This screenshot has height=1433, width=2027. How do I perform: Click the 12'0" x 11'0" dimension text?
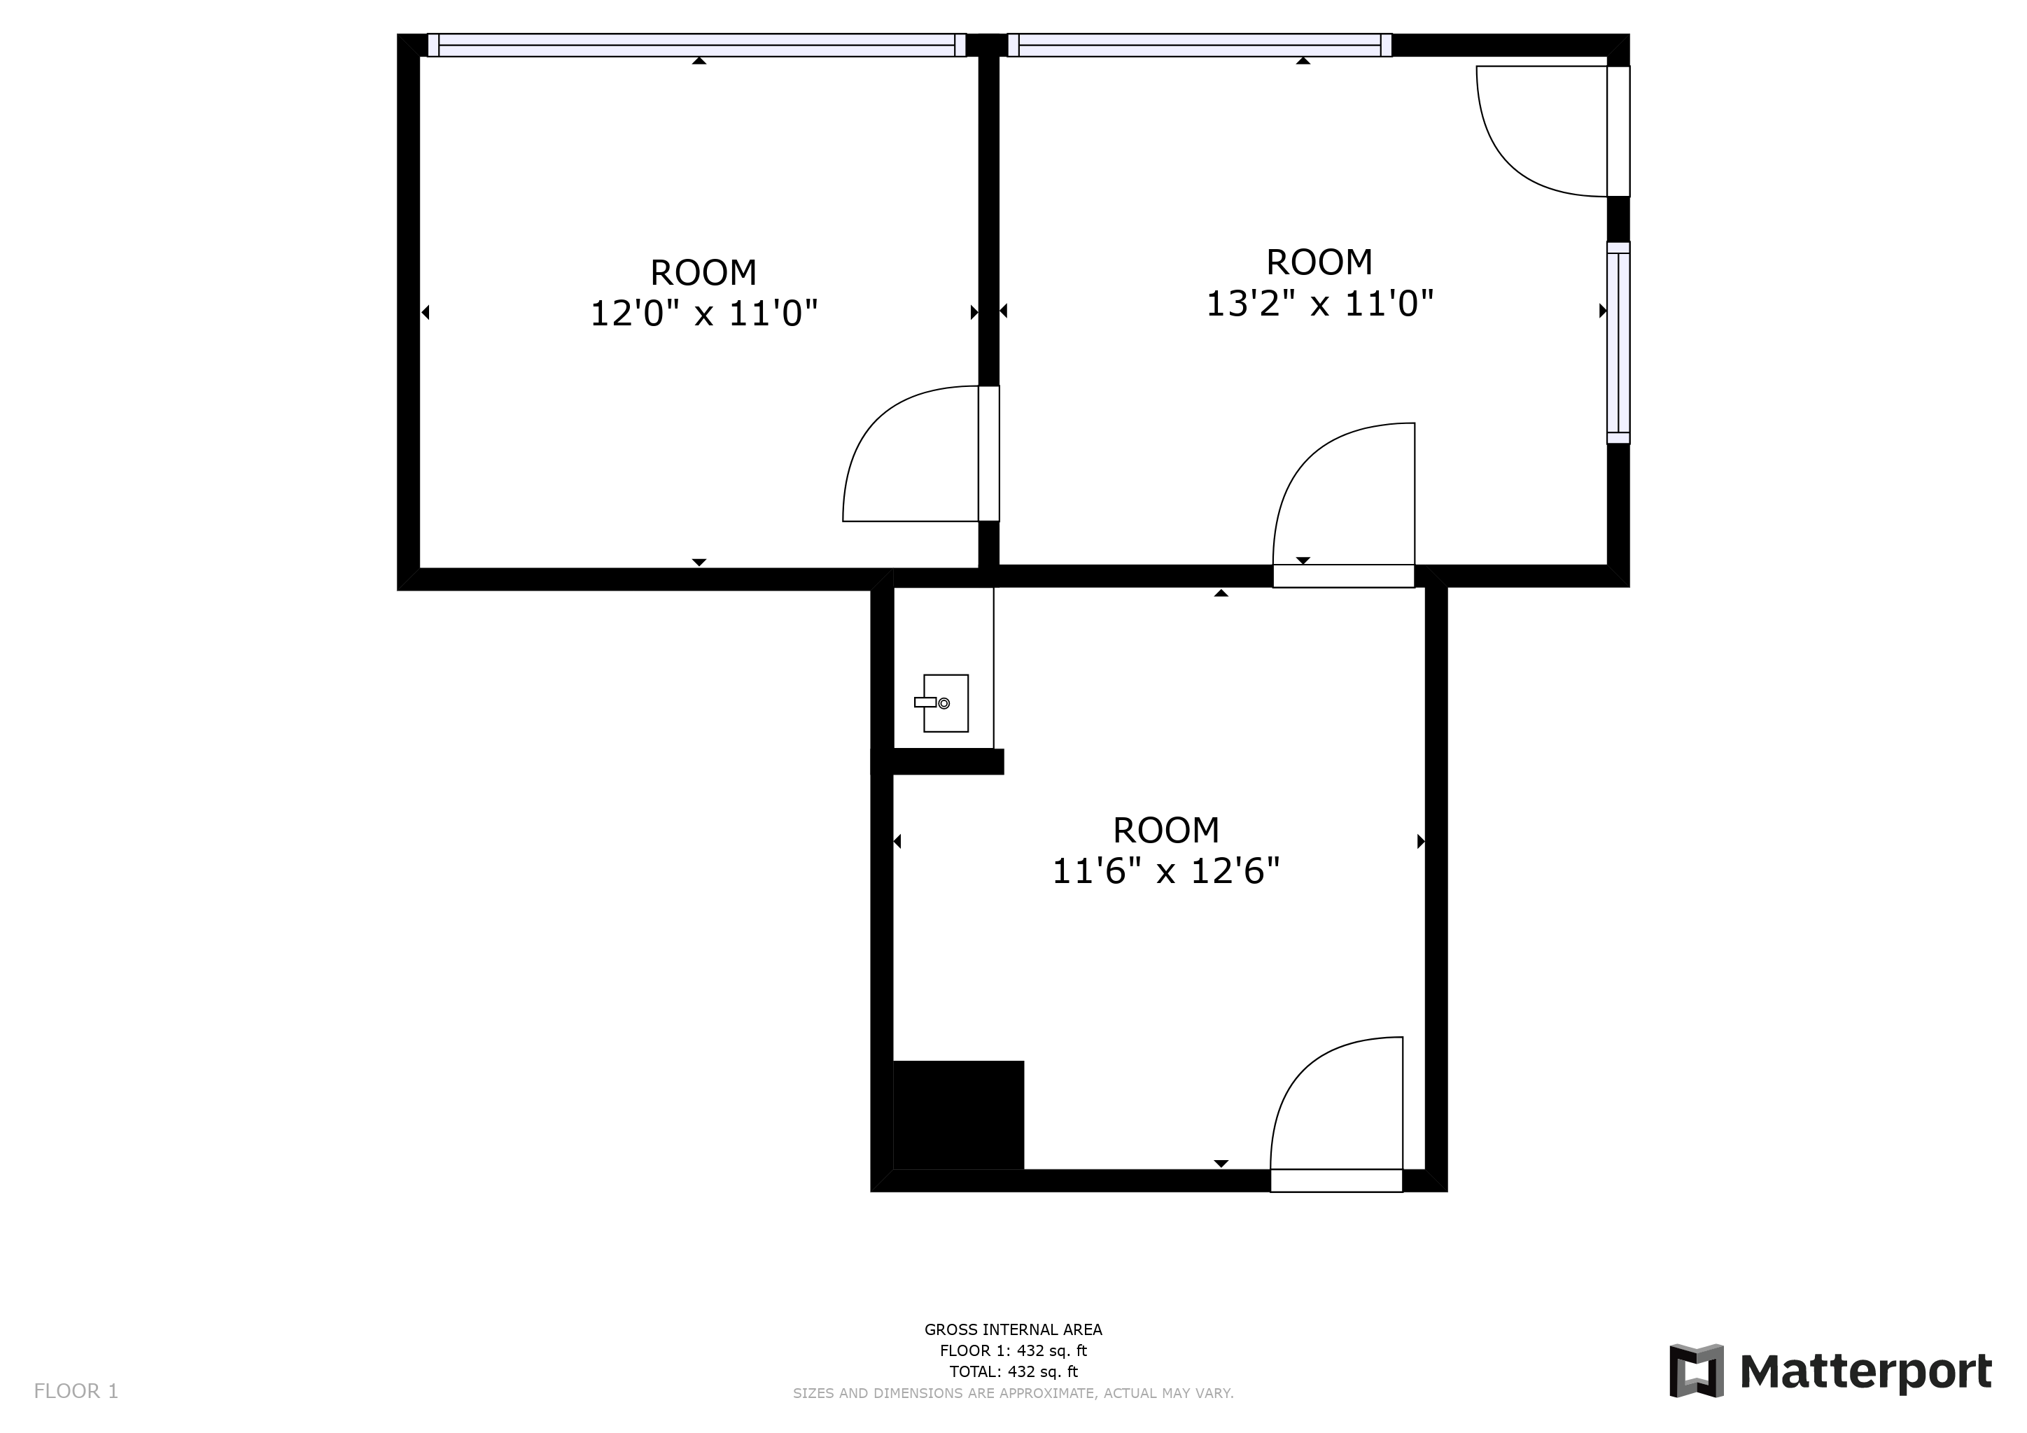[703, 313]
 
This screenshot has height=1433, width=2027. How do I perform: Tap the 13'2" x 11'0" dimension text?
[1319, 304]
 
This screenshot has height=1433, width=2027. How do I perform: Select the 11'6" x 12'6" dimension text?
[1165, 872]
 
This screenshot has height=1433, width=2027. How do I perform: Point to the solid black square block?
[959, 1115]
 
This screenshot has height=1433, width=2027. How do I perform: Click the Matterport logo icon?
[1696, 1371]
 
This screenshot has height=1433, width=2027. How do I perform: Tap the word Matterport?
[1865, 1372]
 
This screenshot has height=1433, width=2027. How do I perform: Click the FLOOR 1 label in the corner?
[76, 1392]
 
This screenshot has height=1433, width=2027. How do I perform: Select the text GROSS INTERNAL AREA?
[1013, 1329]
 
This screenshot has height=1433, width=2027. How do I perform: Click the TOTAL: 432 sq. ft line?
[1013, 1372]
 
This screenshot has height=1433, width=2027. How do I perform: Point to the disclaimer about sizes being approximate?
[1013, 1393]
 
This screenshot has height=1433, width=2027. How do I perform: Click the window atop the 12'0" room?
[696, 45]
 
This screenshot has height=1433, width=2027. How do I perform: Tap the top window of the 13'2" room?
[1199, 45]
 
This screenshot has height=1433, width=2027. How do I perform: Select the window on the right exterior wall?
[1618, 342]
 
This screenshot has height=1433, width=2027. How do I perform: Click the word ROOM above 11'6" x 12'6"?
[1165, 831]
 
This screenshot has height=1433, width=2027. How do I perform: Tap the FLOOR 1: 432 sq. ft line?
[1013, 1351]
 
